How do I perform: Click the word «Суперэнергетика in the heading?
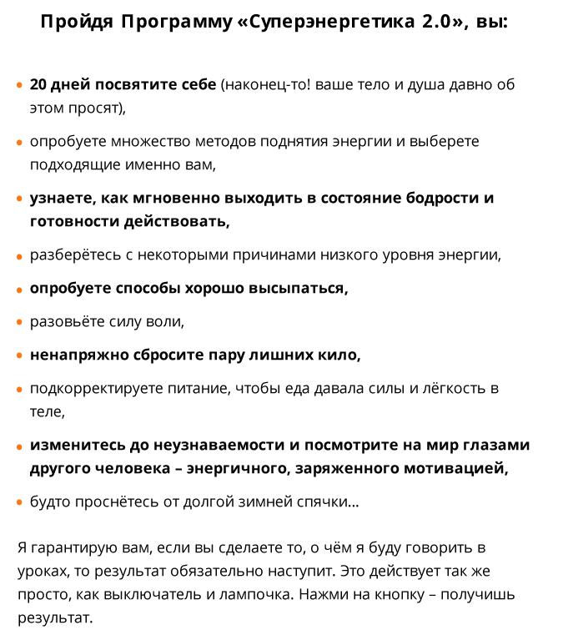(321, 22)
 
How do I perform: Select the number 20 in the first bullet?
(39, 85)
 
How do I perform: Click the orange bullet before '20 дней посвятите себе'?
(20, 85)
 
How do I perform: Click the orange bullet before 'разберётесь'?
(20, 255)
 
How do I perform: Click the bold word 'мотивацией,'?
(457, 468)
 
